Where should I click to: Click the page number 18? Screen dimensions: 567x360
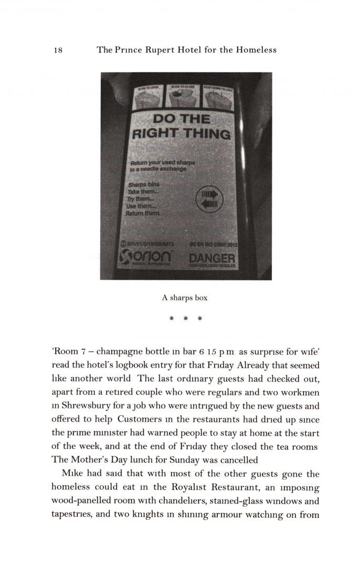58,50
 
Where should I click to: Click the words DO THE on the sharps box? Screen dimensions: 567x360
180,119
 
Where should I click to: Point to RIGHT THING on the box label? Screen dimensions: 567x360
180,134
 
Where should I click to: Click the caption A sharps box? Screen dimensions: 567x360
184,298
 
